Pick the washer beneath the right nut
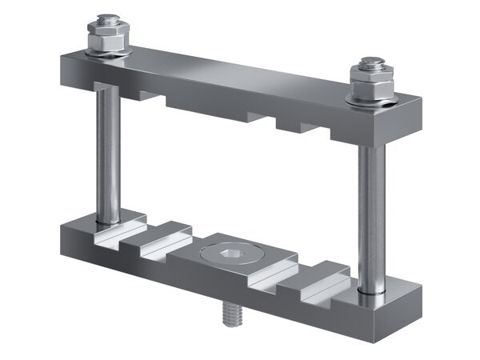click(373, 98)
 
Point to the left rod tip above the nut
click(105, 19)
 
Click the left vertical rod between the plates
click(107, 152)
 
